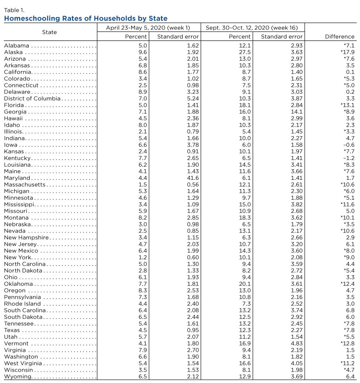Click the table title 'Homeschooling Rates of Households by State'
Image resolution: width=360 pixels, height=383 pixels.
click(85, 18)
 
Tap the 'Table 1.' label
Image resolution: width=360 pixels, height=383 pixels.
click(14, 10)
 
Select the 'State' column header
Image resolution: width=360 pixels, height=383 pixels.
click(49, 32)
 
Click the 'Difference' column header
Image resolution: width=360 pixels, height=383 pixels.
click(339, 37)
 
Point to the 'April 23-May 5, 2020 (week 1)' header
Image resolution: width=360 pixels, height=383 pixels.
click(148, 28)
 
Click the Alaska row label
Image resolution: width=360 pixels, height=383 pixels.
click(13, 52)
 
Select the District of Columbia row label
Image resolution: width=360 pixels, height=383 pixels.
click(32, 98)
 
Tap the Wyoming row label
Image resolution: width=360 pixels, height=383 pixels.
click(18, 376)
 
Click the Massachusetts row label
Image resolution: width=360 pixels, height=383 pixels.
click(24, 184)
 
